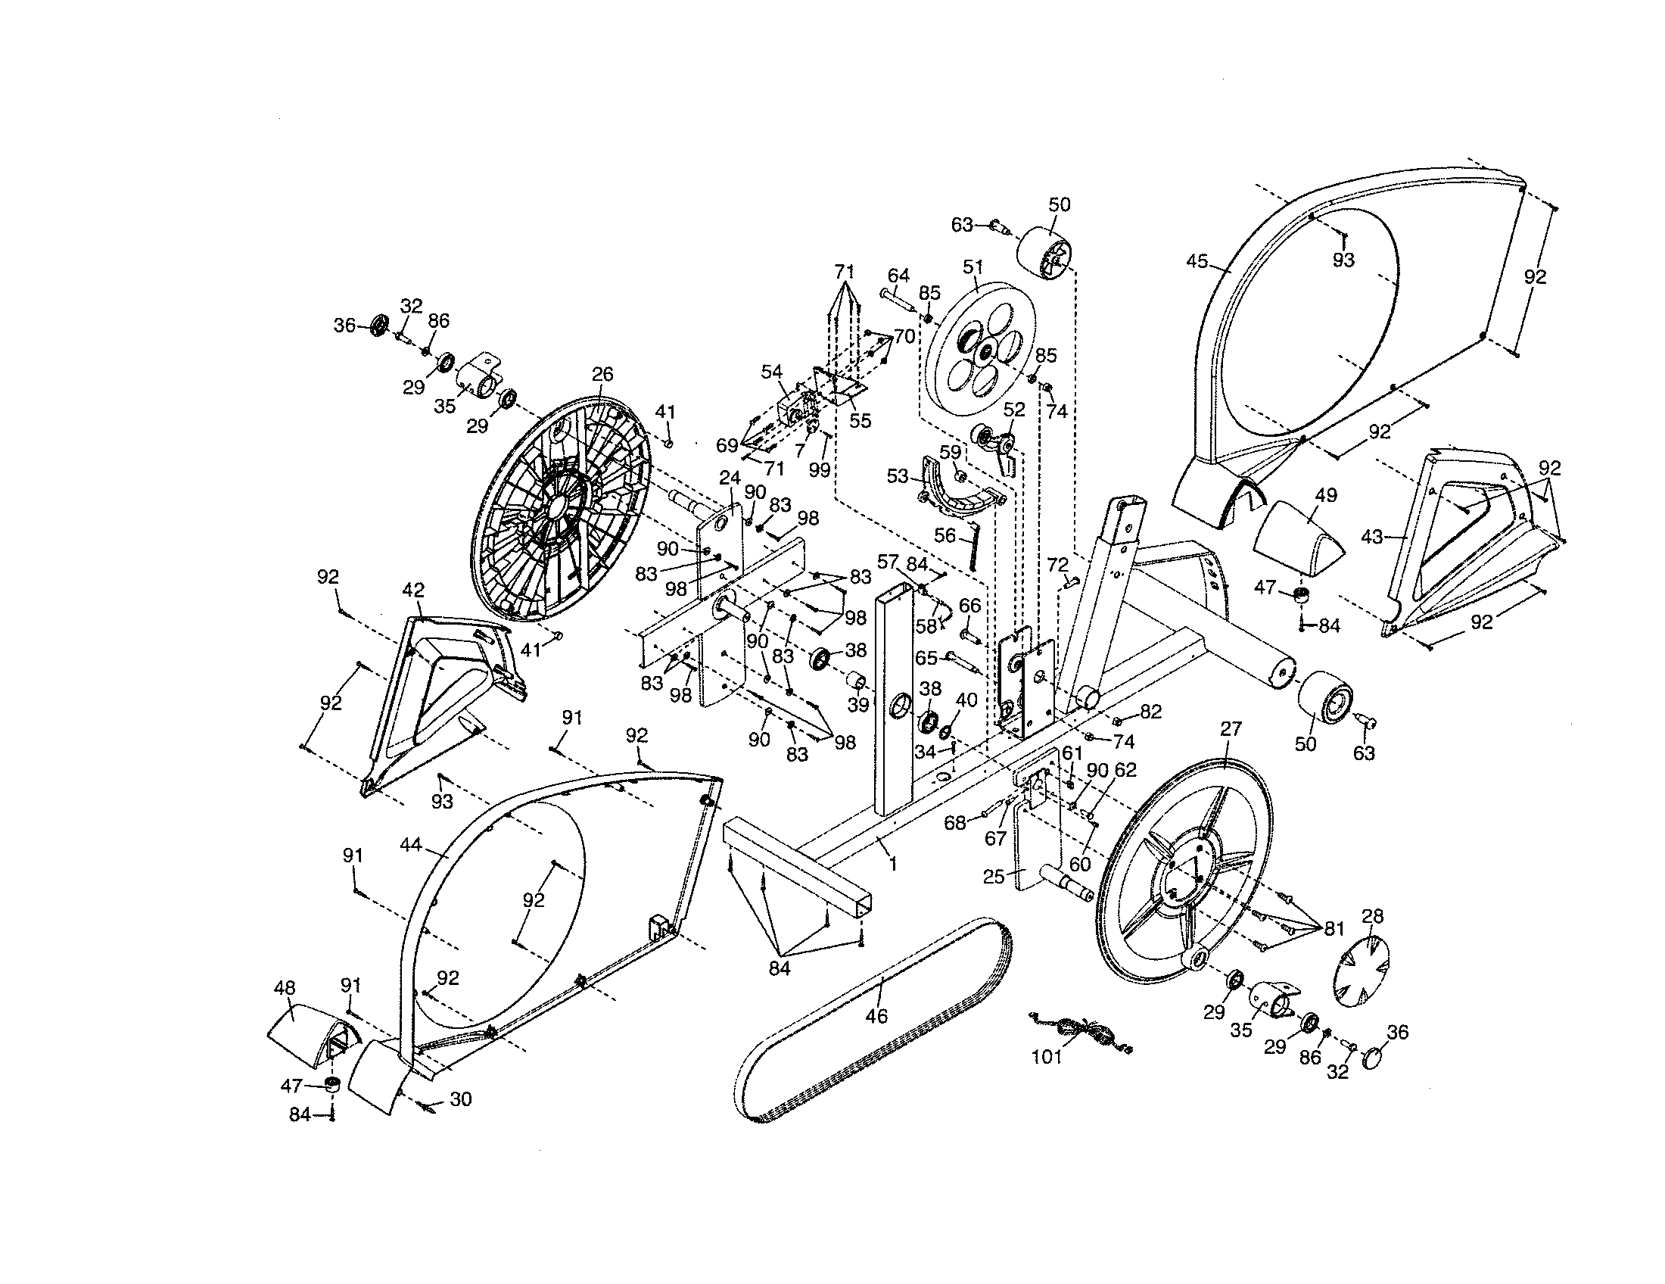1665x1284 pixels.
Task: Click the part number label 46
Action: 876,1016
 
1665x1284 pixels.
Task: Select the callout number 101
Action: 1047,1058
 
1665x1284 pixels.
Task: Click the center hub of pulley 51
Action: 987,350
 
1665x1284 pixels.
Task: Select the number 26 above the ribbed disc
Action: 602,374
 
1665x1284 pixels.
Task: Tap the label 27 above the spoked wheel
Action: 1231,729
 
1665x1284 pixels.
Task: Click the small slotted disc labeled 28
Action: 1363,971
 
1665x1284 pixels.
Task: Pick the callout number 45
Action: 1197,261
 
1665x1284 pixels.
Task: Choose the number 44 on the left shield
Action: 411,845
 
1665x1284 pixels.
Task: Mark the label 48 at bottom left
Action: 285,988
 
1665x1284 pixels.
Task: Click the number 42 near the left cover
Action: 413,591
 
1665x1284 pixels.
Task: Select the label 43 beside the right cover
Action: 1371,538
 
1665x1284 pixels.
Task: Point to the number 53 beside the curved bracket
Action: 898,476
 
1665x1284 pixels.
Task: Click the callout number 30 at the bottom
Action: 460,1099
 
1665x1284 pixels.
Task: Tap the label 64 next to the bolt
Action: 899,276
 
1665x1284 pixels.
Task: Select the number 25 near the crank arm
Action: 994,877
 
